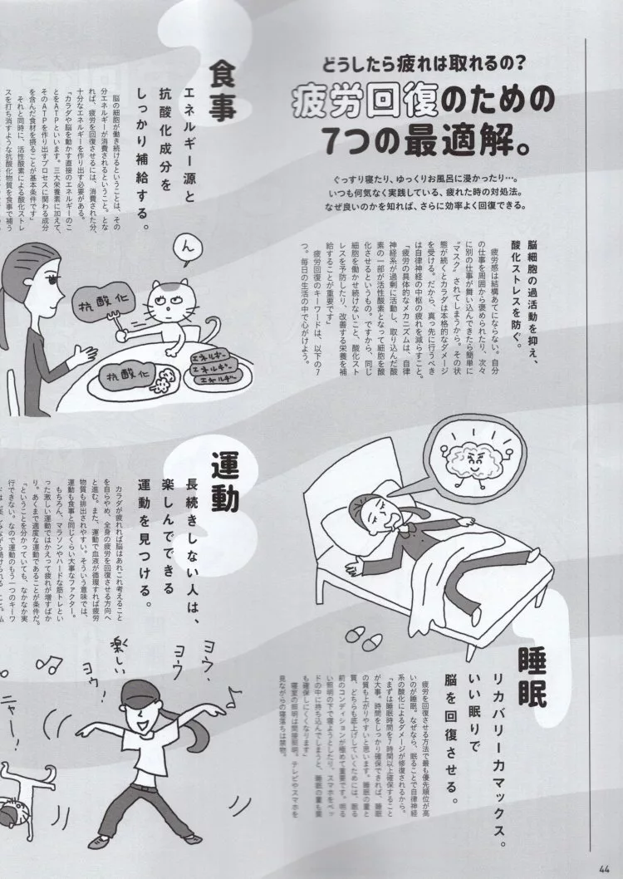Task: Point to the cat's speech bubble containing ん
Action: (x=188, y=248)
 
